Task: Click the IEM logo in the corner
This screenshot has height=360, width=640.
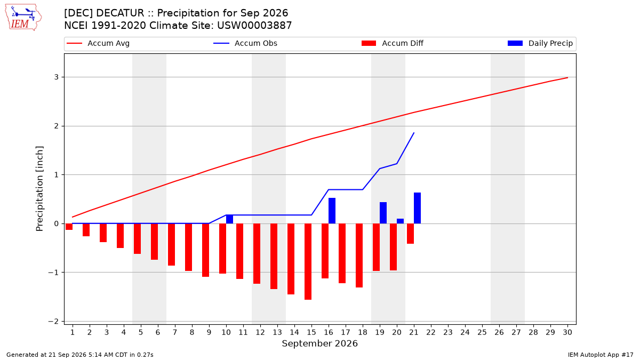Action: pyautogui.click(x=23, y=18)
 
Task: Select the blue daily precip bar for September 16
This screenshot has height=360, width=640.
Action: pyautogui.click(x=332, y=211)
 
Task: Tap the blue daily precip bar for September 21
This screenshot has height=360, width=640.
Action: pyautogui.click(x=417, y=208)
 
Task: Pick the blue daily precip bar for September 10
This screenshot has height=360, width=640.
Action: pyautogui.click(x=229, y=219)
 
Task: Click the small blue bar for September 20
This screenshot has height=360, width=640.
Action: pyautogui.click(x=401, y=221)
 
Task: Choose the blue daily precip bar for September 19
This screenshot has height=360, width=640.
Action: pyautogui.click(x=383, y=213)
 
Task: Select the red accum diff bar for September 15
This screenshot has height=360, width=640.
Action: pyautogui.click(x=308, y=261)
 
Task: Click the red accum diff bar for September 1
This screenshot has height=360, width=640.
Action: pyautogui.click(x=69, y=227)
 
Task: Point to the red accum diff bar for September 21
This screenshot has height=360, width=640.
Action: pyautogui.click(x=410, y=234)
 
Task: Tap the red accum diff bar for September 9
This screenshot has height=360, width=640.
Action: pyautogui.click(x=205, y=250)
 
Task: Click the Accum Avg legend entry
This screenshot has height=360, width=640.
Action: pyautogui.click(x=98, y=43)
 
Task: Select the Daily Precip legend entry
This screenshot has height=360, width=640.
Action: pyautogui.click(x=540, y=43)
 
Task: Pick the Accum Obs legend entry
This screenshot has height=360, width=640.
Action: pyautogui.click(x=245, y=43)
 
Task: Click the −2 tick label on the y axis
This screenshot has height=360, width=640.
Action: pyautogui.click(x=53, y=322)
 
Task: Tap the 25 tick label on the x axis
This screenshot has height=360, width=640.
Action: pyautogui.click(x=482, y=332)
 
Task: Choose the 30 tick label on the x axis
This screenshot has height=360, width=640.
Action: pyautogui.click(x=567, y=332)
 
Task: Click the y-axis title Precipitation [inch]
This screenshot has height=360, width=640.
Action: pyautogui.click(x=39, y=189)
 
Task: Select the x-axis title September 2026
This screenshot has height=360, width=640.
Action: pyautogui.click(x=319, y=343)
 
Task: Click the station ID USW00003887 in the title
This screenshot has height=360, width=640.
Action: pyautogui.click(x=254, y=26)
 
